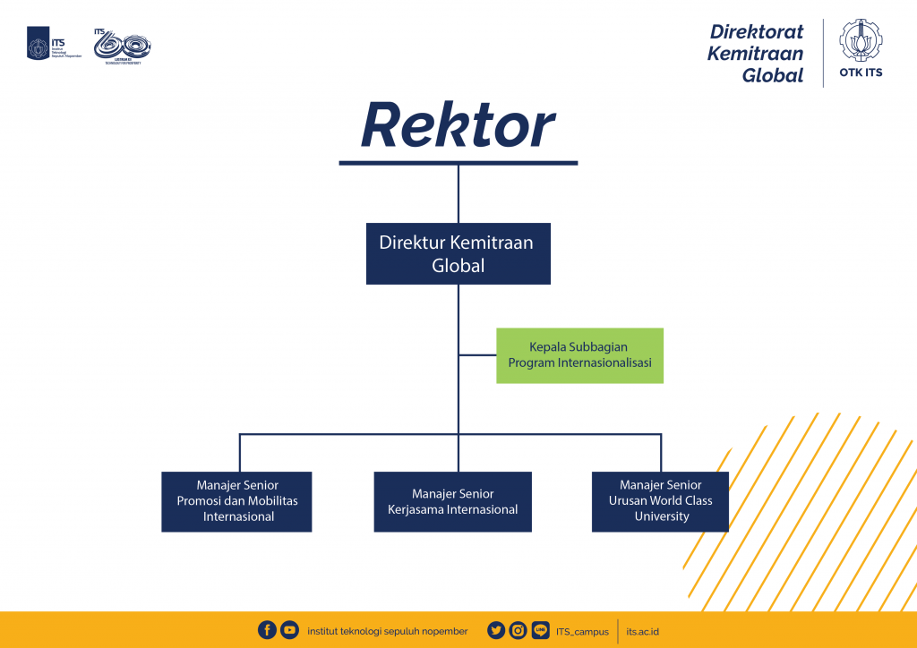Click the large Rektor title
pos(458,125)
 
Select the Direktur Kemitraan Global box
pos(458,253)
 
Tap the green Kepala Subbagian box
pos(579,355)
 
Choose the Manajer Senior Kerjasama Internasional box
pos(452,501)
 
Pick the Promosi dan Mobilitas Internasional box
pos(236,501)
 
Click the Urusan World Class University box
pos(660,501)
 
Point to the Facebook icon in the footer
pos(267,630)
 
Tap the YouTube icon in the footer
pos(289,630)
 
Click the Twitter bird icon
pos(496,630)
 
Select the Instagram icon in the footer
pos(518,630)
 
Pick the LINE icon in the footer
pos(540,630)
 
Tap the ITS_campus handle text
pos(582,631)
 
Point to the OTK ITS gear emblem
pos(861,41)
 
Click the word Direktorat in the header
pos(757,31)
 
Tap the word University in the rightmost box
pos(662,516)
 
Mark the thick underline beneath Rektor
pos(458,163)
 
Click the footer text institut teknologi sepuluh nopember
pos(387,631)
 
